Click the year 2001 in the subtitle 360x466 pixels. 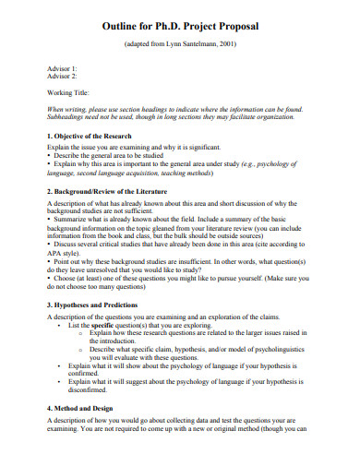235,44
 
